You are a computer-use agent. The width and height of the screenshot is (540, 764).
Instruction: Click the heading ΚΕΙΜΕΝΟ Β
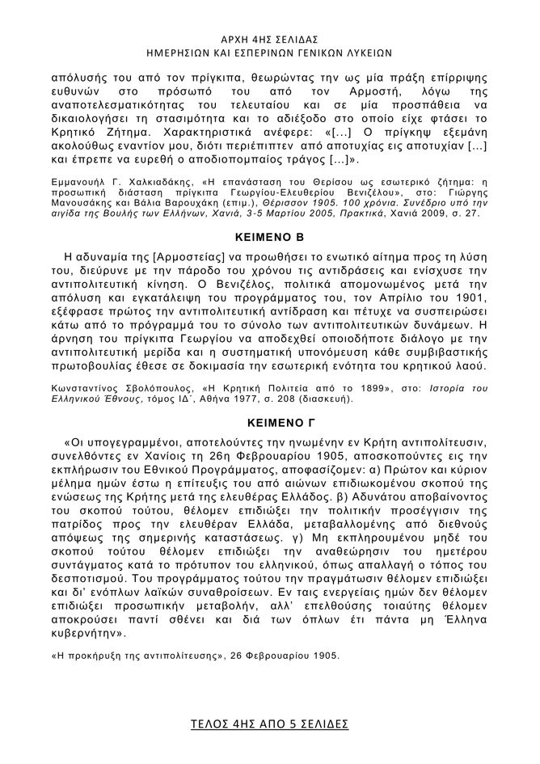[268, 241]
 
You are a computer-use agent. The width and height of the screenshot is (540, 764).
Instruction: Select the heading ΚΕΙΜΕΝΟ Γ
[268, 421]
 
